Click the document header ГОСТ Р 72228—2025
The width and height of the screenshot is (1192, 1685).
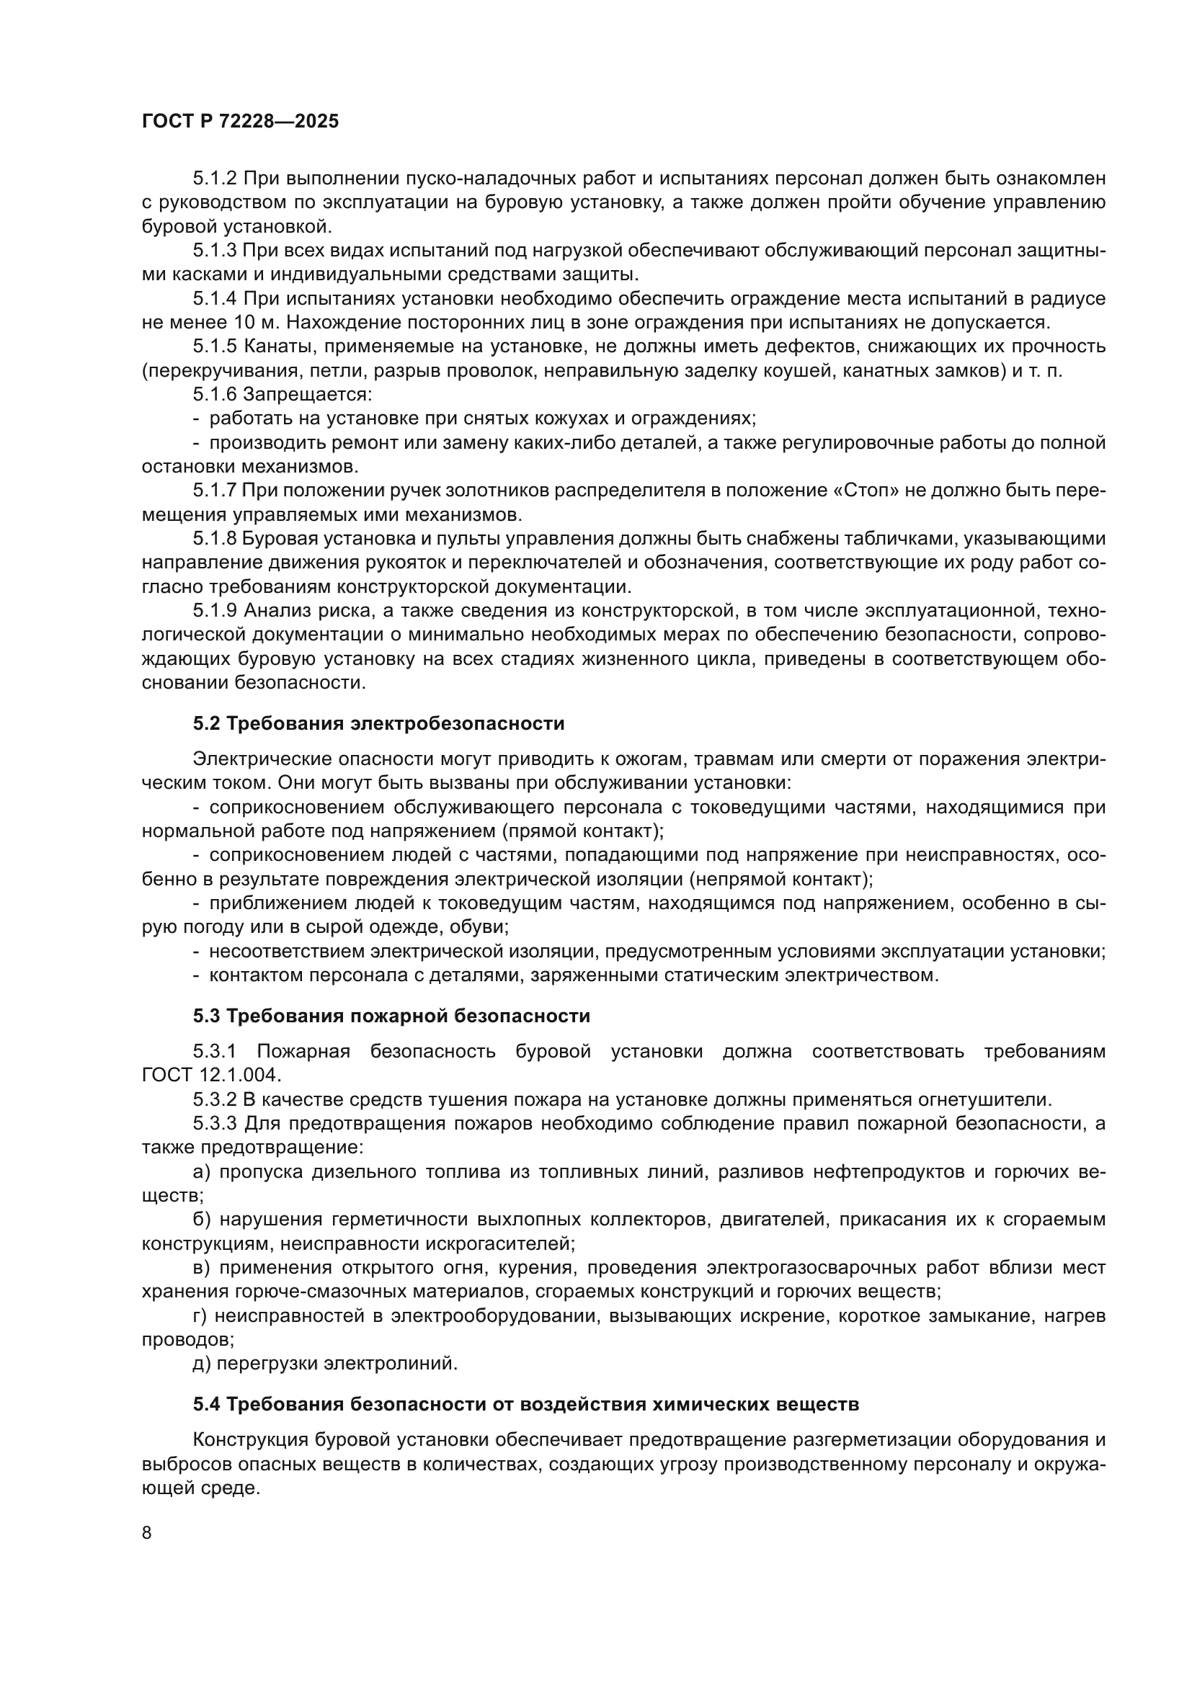[240, 122]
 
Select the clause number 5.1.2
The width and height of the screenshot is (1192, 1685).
[214, 179]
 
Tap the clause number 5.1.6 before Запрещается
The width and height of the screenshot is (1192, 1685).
[214, 395]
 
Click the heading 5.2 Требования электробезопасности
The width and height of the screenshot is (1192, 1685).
[379, 723]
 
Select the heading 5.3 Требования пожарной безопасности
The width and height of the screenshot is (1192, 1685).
[391, 1016]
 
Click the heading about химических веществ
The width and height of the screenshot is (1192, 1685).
[525, 1405]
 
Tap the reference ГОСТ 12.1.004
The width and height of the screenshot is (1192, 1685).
[210, 1076]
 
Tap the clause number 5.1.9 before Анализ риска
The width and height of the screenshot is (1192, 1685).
[214, 611]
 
